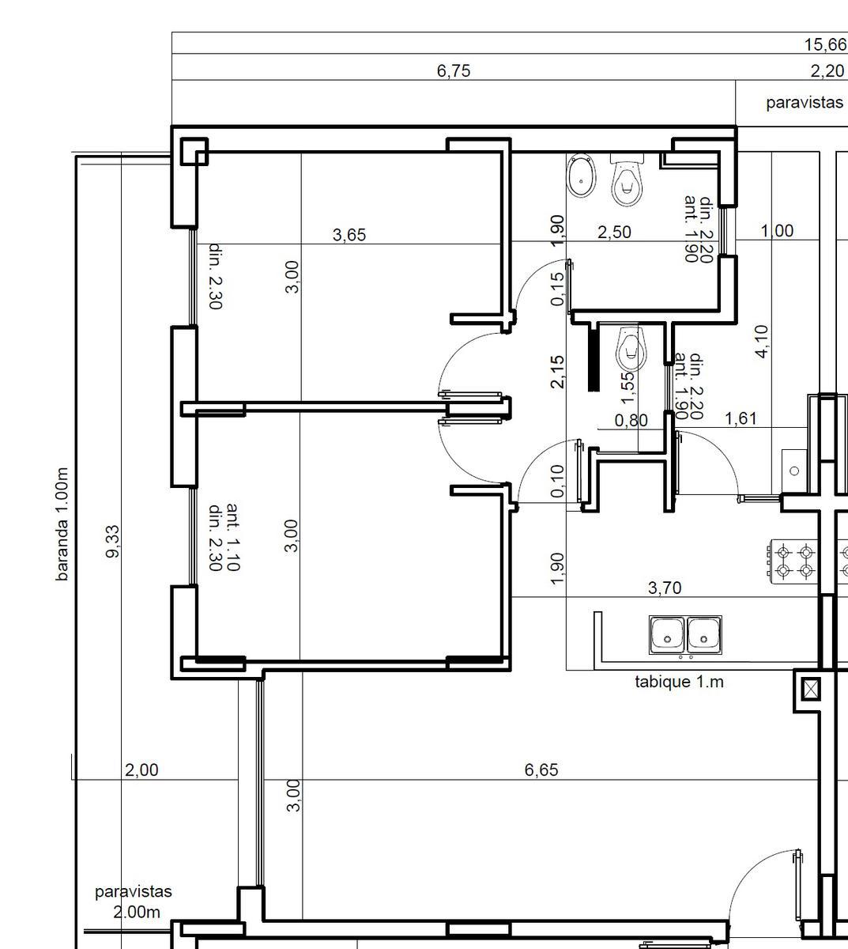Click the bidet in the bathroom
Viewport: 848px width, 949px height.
581,177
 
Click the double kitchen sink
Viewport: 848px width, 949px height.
685,635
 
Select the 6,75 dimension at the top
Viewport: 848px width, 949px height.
454,70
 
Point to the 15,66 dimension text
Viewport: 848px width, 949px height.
825,44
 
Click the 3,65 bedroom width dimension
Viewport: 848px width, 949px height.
349,235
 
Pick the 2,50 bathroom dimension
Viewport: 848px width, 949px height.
614,232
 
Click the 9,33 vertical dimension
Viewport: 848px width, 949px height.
112,542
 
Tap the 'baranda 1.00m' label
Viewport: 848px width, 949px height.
62,524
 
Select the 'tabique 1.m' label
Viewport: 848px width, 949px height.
679,682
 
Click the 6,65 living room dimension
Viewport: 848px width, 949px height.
541,769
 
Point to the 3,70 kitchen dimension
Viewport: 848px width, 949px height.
665,588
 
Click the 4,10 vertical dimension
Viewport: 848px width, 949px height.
762,342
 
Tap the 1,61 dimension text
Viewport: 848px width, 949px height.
741,418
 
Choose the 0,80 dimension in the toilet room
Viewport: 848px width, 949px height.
631,420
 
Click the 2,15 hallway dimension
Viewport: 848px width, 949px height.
557,372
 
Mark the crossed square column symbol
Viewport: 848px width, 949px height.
811,689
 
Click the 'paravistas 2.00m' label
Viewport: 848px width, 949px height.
134,902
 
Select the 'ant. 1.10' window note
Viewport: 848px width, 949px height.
233,537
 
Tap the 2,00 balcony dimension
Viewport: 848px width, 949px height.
141,769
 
